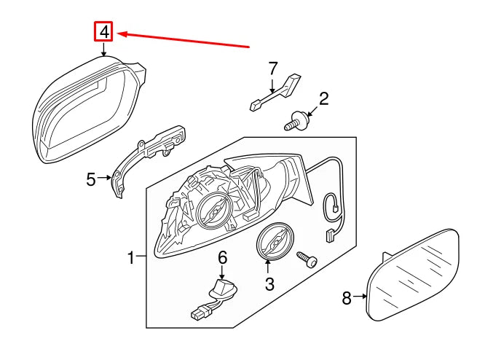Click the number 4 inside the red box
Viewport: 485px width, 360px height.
point(105,31)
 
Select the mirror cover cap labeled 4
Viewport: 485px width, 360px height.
point(80,113)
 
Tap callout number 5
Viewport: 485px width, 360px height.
point(90,179)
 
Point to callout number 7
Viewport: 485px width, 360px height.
point(273,69)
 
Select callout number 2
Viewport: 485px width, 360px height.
point(324,98)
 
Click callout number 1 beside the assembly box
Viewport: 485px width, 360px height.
point(132,257)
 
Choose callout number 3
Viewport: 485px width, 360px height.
point(269,284)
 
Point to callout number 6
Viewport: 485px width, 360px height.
point(222,257)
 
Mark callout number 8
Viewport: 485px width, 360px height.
point(347,297)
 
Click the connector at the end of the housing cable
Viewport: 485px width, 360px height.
point(329,235)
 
